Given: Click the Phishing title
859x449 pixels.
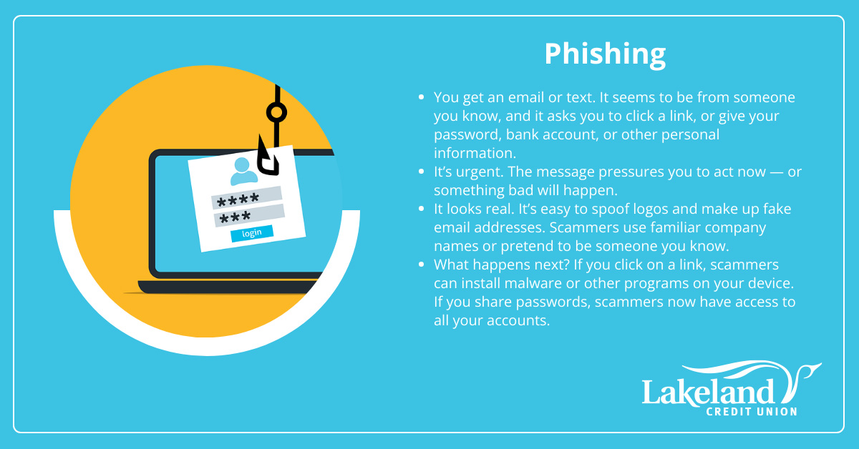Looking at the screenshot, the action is [605, 55].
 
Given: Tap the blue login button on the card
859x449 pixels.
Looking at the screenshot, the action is [252, 233].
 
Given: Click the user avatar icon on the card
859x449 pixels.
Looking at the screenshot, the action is [243, 172].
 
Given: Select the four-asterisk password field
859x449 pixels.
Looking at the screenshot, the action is [246, 197].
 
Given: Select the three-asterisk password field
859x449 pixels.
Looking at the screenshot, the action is [249, 216].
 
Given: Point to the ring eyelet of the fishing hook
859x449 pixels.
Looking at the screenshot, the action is [276, 113].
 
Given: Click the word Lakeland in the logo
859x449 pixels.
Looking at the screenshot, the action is [708, 392].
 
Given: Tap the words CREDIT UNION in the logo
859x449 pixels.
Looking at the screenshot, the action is [752, 412].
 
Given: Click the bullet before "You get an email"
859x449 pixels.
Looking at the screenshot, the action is [421, 97].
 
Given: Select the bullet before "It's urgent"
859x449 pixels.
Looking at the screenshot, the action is [421, 172].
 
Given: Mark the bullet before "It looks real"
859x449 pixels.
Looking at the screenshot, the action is [421, 209].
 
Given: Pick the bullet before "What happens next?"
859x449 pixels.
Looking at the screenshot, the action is [421, 265].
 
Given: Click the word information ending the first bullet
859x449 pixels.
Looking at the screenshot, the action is [475, 153].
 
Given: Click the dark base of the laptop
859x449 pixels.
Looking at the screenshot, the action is [227, 287].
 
